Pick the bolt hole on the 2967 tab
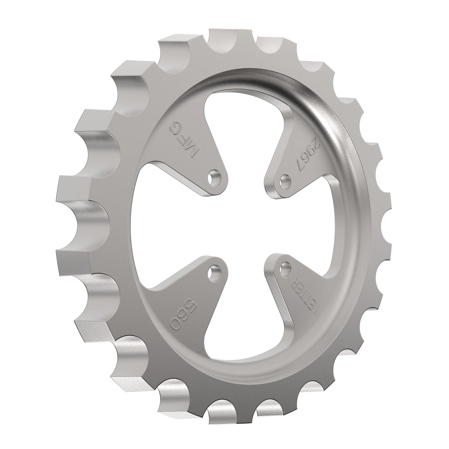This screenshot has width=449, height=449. point(285,179)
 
